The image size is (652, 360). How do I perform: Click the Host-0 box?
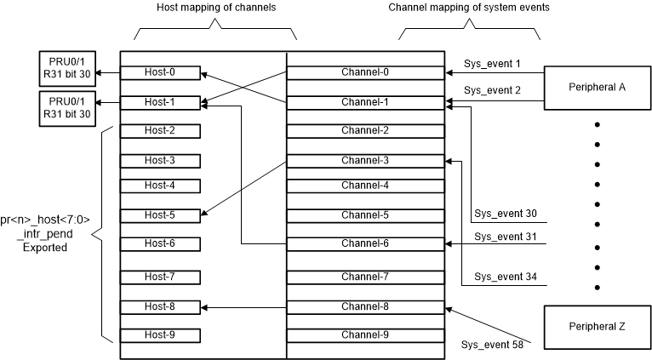coord(160,73)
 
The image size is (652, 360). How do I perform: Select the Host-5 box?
coord(160,215)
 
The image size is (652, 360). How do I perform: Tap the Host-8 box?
coord(160,306)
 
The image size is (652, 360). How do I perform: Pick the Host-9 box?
coord(160,334)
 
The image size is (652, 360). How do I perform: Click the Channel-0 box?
coord(364,73)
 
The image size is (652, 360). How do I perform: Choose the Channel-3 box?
coord(364,161)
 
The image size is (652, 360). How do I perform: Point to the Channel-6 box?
coord(364,243)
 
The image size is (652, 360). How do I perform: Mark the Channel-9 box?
coord(364,334)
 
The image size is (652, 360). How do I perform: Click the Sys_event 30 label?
coord(506,214)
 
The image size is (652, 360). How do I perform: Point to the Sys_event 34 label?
coord(506,277)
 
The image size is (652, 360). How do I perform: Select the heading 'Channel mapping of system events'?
coord(469,9)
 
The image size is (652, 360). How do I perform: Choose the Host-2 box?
coord(160,130)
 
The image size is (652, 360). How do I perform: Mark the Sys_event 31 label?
coord(506,236)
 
